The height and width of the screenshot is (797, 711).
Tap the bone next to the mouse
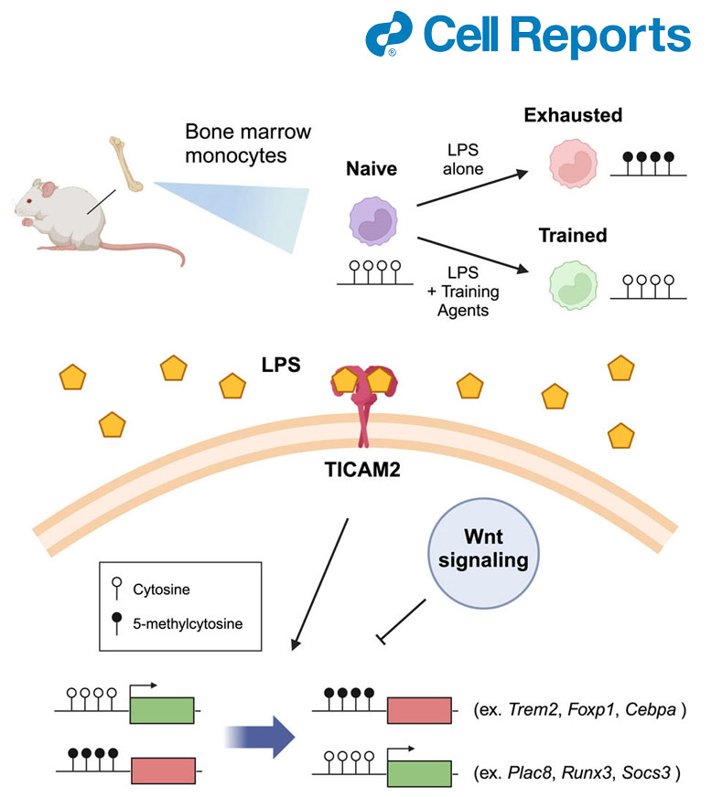pyautogui.click(x=126, y=164)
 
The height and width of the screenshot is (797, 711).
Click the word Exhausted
pyautogui.click(x=573, y=116)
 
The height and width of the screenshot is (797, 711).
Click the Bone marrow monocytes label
pyautogui.click(x=248, y=143)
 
